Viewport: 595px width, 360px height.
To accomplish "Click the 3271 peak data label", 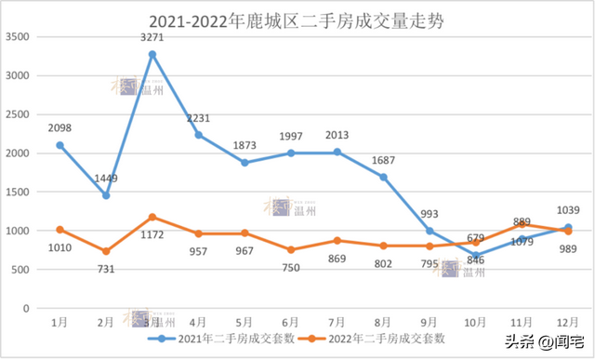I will (x=152, y=38).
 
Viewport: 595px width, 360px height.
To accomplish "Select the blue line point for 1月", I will (x=59, y=145).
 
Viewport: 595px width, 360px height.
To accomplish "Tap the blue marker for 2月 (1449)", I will (x=106, y=195).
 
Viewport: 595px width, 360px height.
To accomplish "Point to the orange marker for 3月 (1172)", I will (x=152, y=217).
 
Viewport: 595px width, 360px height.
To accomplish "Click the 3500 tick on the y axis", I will (x=19, y=36).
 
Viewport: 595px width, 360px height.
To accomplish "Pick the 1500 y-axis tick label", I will (x=19, y=192).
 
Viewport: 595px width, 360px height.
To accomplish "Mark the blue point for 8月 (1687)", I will (x=383, y=177).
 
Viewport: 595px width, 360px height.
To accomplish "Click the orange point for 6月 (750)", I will (x=291, y=249).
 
